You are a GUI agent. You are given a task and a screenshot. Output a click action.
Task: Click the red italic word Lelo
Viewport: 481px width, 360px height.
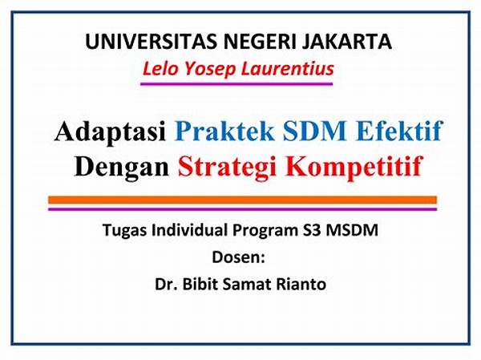tap(160, 68)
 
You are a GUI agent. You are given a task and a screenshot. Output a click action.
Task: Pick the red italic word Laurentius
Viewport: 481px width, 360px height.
tap(288, 68)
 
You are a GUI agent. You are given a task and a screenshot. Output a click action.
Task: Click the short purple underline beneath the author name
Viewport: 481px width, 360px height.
tap(236, 83)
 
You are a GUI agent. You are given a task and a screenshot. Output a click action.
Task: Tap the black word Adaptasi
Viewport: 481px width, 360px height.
tap(111, 131)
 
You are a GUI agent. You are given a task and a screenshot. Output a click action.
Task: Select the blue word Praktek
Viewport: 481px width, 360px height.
tap(224, 131)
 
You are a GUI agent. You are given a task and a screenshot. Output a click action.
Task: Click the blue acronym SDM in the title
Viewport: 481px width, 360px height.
tap(314, 131)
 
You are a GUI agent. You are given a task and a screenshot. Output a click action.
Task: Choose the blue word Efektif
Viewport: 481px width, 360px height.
tap(398, 131)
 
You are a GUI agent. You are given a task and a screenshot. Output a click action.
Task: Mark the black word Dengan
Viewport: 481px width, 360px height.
tap(122, 168)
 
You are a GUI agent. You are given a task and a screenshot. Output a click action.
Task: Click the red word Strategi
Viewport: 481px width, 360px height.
tap(228, 168)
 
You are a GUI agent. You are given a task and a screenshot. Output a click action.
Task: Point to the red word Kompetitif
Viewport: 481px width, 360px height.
tap(354, 168)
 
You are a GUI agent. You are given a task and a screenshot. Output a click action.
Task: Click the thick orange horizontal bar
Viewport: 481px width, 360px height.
tap(242, 200)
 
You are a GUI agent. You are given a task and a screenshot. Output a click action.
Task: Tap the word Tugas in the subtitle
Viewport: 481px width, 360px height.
tap(124, 230)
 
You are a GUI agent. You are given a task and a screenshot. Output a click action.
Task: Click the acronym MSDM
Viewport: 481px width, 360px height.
tap(352, 230)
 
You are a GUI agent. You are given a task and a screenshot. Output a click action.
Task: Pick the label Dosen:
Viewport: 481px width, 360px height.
tap(238, 257)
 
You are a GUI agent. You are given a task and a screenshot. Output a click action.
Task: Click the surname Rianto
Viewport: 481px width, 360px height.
tap(301, 284)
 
